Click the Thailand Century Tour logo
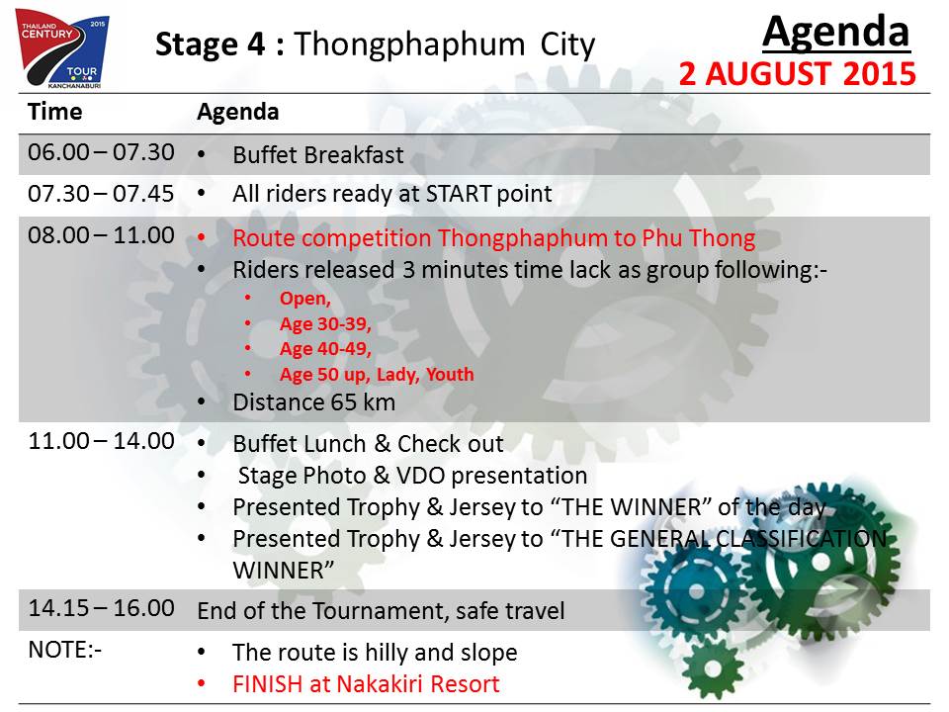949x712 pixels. tap(61, 48)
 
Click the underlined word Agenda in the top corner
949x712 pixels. tap(836, 32)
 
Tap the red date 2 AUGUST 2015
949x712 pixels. tap(797, 74)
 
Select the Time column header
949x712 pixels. tap(55, 112)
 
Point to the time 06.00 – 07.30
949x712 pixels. tap(101, 152)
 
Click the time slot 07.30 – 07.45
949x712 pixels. tap(101, 194)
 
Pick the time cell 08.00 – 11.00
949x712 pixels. tap(101, 235)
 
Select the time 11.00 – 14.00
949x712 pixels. tap(101, 441)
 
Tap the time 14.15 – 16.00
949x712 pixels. tap(101, 608)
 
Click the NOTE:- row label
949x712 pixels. tap(65, 650)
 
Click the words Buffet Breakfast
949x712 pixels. tap(317, 155)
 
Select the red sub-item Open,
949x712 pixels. tap(305, 299)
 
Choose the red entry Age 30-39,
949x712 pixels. tap(325, 324)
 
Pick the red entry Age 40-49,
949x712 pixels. tap(325, 349)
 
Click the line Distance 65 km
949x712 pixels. tap(314, 402)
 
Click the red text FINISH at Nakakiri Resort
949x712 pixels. tap(366, 684)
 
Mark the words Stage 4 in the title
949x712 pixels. tap(210, 44)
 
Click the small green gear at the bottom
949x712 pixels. tap(713, 669)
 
